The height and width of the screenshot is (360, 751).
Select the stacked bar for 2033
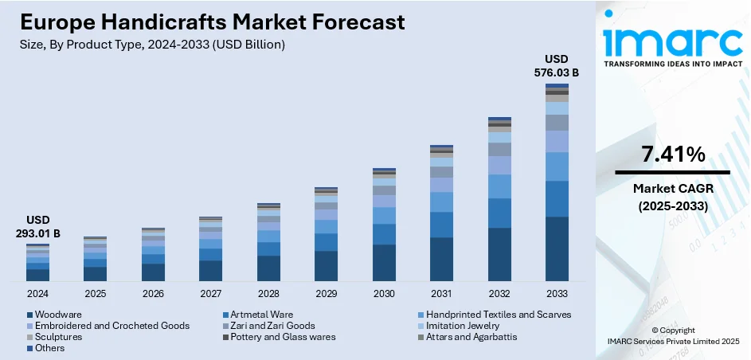click(557, 182)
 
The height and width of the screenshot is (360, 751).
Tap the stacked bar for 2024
click(37, 263)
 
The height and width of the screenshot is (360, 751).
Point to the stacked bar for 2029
click(326, 234)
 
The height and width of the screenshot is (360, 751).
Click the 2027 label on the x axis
click(211, 294)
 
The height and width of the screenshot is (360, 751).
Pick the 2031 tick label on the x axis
click(441, 294)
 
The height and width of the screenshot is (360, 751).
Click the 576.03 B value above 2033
click(557, 73)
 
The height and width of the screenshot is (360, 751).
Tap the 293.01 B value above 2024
click(37, 234)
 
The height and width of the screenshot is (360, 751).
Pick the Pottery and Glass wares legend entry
click(278, 337)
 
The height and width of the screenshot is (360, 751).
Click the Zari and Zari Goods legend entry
click(268, 326)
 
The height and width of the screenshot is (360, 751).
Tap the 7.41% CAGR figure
click(672, 155)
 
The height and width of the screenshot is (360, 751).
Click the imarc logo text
click(671, 40)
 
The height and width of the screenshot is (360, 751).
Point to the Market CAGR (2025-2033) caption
click(672, 197)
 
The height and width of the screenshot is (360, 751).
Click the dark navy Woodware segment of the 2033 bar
click(557, 248)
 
